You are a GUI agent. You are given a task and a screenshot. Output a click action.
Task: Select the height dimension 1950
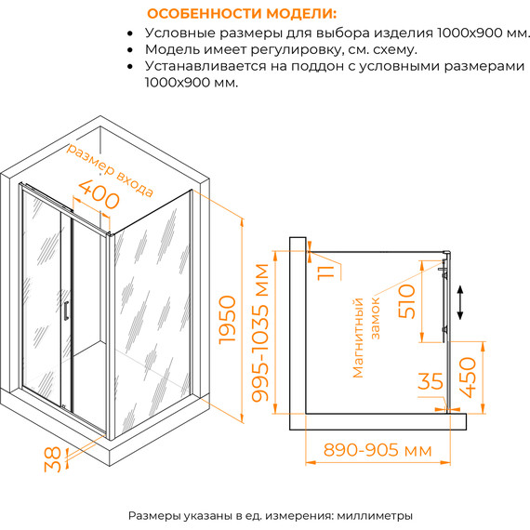coord(230,321)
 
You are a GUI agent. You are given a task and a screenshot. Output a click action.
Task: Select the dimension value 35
coord(431,380)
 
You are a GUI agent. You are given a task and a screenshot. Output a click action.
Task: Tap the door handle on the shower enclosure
coord(65,309)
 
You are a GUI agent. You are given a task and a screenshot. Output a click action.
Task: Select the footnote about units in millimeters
coord(270,515)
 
